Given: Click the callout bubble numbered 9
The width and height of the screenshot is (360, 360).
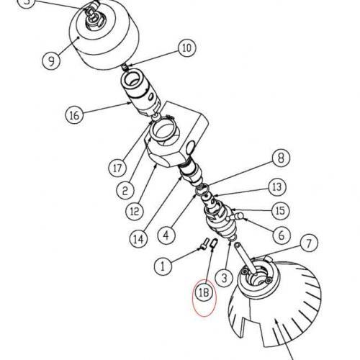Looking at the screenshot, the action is click(x=51, y=60).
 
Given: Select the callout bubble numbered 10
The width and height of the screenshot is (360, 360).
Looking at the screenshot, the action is click(x=187, y=48).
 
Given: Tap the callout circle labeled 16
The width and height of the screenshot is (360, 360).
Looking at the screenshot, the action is click(x=74, y=115).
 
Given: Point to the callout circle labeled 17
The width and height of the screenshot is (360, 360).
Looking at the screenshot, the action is click(x=117, y=168).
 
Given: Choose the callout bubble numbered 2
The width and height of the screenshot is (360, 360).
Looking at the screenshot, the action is click(x=125, y=191).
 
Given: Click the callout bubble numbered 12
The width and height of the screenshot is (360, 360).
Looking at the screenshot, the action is click(x=135, y=212).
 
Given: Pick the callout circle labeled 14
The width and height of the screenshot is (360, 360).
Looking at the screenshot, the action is click(x=139, y=238).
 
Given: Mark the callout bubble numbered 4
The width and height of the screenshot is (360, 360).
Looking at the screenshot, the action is click(x=166, y=235).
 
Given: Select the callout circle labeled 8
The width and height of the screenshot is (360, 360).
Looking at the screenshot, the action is click(x=281, y=158).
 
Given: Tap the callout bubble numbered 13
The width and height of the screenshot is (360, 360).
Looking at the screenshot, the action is click(x=277, y=187).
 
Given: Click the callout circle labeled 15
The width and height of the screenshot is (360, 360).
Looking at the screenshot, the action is click(x=281, y=211).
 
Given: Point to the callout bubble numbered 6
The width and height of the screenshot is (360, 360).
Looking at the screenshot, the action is click(x=282, y=235).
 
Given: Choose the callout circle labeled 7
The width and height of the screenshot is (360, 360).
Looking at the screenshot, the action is click(x=309, y=243).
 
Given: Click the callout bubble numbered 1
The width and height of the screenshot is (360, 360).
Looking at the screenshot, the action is click(x=163, y=266).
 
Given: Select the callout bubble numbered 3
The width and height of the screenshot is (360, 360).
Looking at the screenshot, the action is click(x=224, y=278).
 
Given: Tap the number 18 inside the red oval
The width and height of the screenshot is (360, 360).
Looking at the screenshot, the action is click(x=204, y=293).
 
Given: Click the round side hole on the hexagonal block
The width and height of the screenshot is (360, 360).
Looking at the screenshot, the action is click(x=190, y=148).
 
